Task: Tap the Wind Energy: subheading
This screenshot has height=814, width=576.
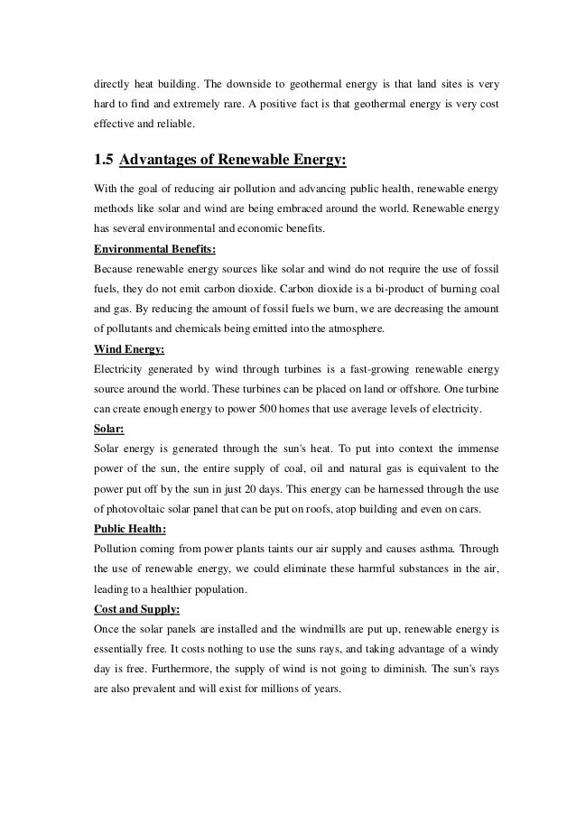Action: tap(132, 349)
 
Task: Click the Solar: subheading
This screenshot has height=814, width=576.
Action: tap(112, 429)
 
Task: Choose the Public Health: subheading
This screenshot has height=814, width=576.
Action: tap(135, 528)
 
